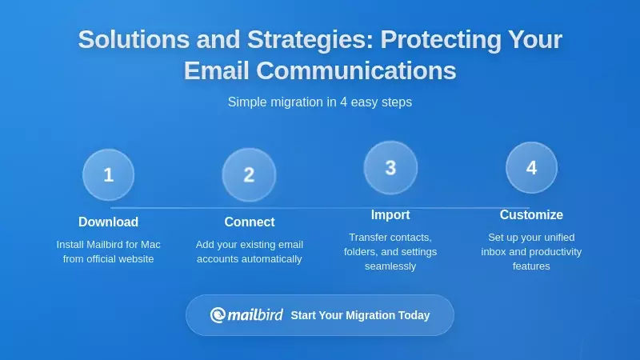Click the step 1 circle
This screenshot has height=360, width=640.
pyautogui.click(x=108, y=174)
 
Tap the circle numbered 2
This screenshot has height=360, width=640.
pyautogui.click(x=249, y=174)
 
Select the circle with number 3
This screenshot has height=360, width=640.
pyautogui.click(x=390, y=167)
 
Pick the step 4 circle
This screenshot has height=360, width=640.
pyautogui.click(x=531, y=167)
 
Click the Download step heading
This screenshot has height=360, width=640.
pyautogui.click(x=108, y=222)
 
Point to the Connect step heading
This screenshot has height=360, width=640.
pyautogui.click(x=249, y=222)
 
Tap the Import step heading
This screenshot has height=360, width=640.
pyautogui.click(x=390, y=214)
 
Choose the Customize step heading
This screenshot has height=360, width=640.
pyautogui.click(x=531, y=214)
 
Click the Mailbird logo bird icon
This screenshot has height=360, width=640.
pyautogui.click(x=218, y=315)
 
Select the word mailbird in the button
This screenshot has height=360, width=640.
pyautogui.click(x=255, y=315)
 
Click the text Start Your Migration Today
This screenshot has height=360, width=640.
pyautogui.click(x=360, y=315)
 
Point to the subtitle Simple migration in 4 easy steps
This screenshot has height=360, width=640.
pyautogui.click(x=320, y=102)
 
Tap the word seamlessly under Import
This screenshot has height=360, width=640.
pyautogui.click(x=390, y=266)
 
